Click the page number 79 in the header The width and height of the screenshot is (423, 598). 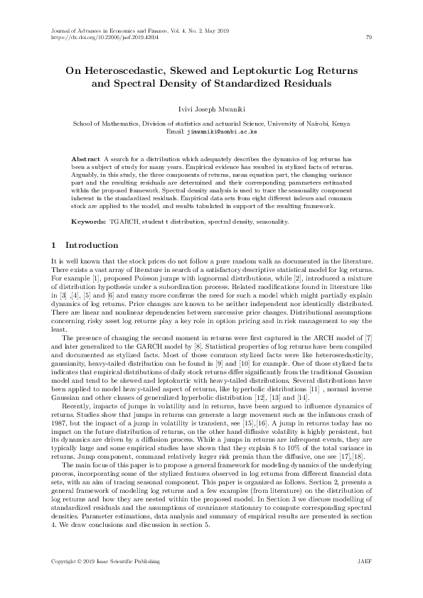(x=368, y=38)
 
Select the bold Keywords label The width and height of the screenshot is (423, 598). (x=88, y=222)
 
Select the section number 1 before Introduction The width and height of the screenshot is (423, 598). (x=54, y=246)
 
